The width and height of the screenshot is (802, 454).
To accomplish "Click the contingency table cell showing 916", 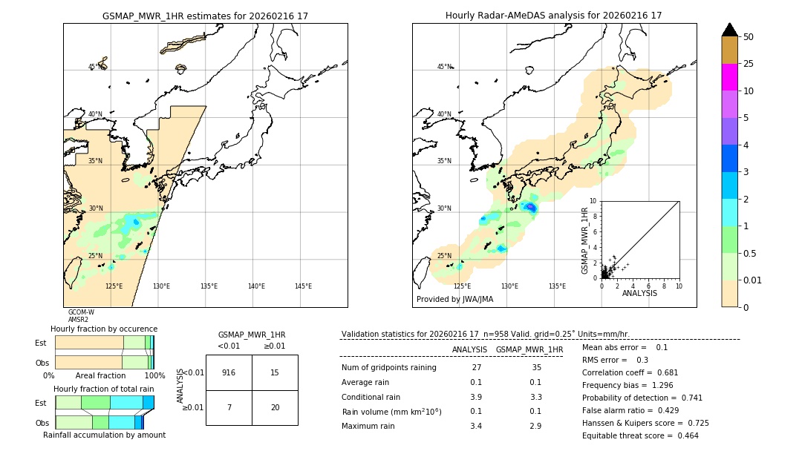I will tap(229, 372).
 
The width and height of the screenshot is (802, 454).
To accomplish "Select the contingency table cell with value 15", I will tap(275, 372).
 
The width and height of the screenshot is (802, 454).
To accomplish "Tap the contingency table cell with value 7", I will tap(229, 407).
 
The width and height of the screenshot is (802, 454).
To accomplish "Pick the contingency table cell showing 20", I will tap(275, 407).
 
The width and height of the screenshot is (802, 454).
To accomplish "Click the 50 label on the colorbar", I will tap(749, 36).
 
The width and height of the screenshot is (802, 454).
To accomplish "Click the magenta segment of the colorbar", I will tap(729, 77).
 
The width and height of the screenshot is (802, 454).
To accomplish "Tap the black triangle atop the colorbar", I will tap(729, 30).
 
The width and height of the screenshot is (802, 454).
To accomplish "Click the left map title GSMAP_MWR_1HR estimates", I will tap(205, 16).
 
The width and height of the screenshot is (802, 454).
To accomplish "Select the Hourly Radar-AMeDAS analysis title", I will tap(554, 16).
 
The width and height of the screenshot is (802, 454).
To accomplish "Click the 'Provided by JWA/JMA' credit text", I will tap(454, 299).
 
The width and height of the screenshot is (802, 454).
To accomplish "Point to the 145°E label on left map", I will tap(303, 286).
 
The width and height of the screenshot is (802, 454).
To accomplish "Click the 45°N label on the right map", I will tap(444, 67).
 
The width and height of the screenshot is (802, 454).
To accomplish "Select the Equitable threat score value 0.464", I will tap(685, 435).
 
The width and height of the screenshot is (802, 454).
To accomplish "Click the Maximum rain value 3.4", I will tap(476, 426).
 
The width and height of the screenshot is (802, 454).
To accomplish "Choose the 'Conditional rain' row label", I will tap(371, 397).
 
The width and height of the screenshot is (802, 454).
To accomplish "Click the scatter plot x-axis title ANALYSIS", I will tap(639, 293).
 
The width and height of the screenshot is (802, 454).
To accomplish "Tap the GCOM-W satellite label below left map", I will tap(81, 312).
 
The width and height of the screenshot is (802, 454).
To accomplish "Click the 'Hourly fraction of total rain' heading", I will tap(104, 389).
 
